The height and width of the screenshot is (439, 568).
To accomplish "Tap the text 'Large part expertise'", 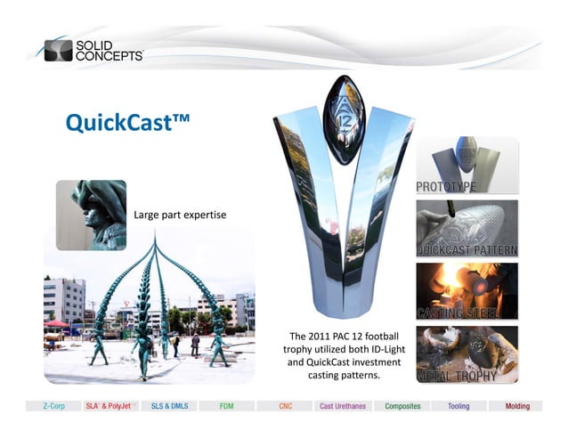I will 179,215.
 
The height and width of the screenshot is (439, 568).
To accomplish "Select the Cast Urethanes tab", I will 341,406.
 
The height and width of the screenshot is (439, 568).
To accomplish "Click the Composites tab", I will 401,406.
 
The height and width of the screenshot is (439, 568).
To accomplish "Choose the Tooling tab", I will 458,406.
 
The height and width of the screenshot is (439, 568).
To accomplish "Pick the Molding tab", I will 516,406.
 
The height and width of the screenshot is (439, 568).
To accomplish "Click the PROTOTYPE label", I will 445,187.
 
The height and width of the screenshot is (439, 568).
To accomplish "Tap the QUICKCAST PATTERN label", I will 467,249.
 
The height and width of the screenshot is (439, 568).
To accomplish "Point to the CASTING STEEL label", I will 455,313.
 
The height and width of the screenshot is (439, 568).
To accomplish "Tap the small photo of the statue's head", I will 92,215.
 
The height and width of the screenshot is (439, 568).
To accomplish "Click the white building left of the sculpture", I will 63,299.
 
